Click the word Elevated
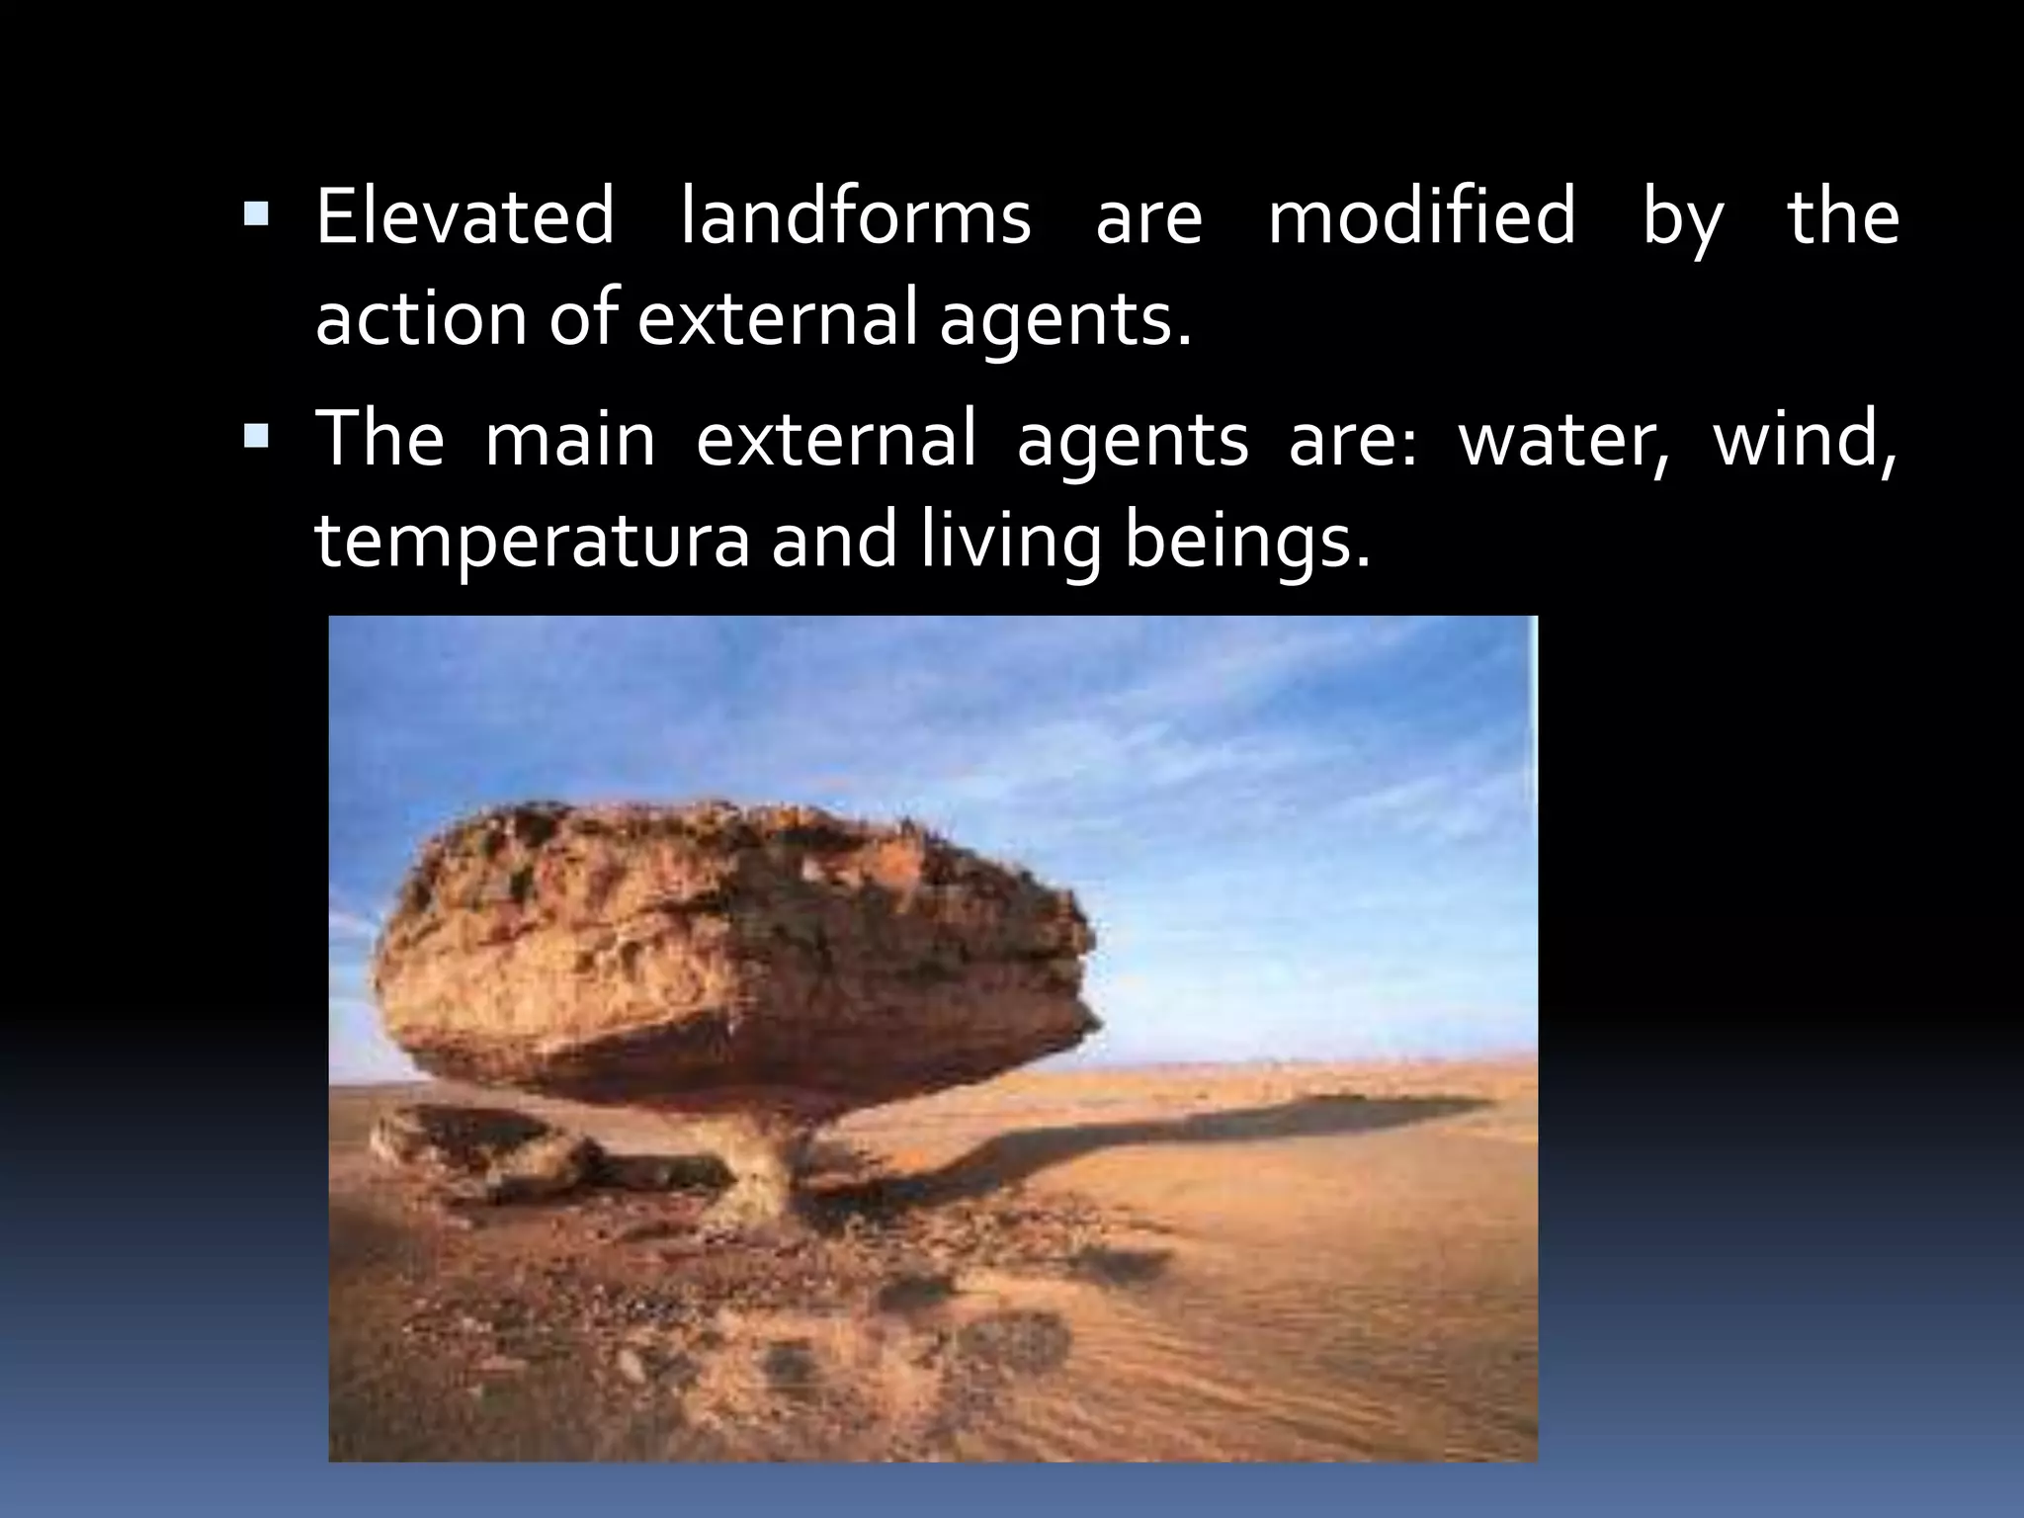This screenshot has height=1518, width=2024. point(464,218)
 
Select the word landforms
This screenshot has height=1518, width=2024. point(856,218)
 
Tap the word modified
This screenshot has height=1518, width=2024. point(1421,218)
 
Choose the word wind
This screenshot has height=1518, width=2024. point(1805,439)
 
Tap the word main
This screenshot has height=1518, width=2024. point(570,439)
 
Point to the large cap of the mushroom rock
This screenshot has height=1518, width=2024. point(731,949)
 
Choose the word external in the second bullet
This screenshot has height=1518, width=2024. point(835,439)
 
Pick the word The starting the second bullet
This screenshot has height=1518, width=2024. point(379,439)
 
